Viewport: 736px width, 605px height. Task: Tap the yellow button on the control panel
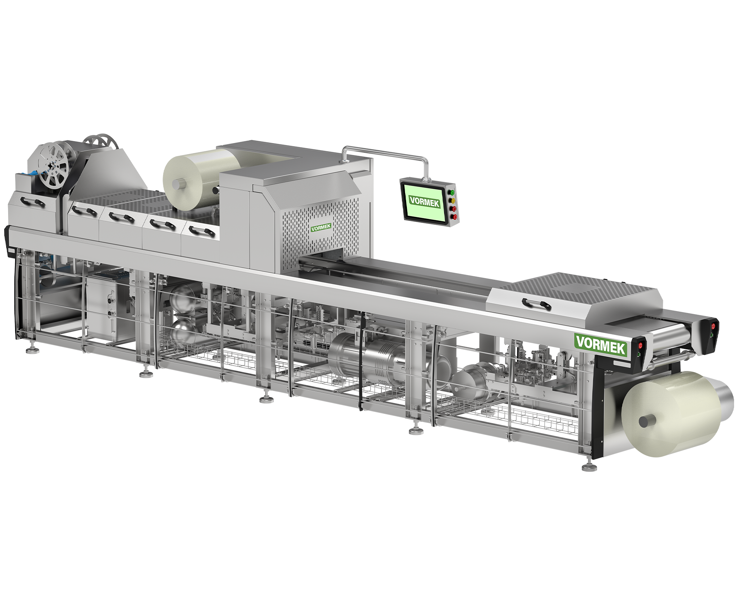click(453, 201)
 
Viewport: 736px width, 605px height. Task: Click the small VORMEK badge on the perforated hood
click(321, 228)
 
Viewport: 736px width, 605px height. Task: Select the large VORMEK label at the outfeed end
click(601, 344)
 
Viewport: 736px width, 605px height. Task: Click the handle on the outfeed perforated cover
click(536, 304)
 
